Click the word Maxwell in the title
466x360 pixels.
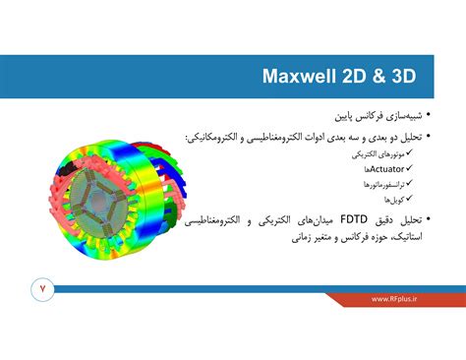[301, 77]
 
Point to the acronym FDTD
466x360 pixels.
[349, 221]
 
